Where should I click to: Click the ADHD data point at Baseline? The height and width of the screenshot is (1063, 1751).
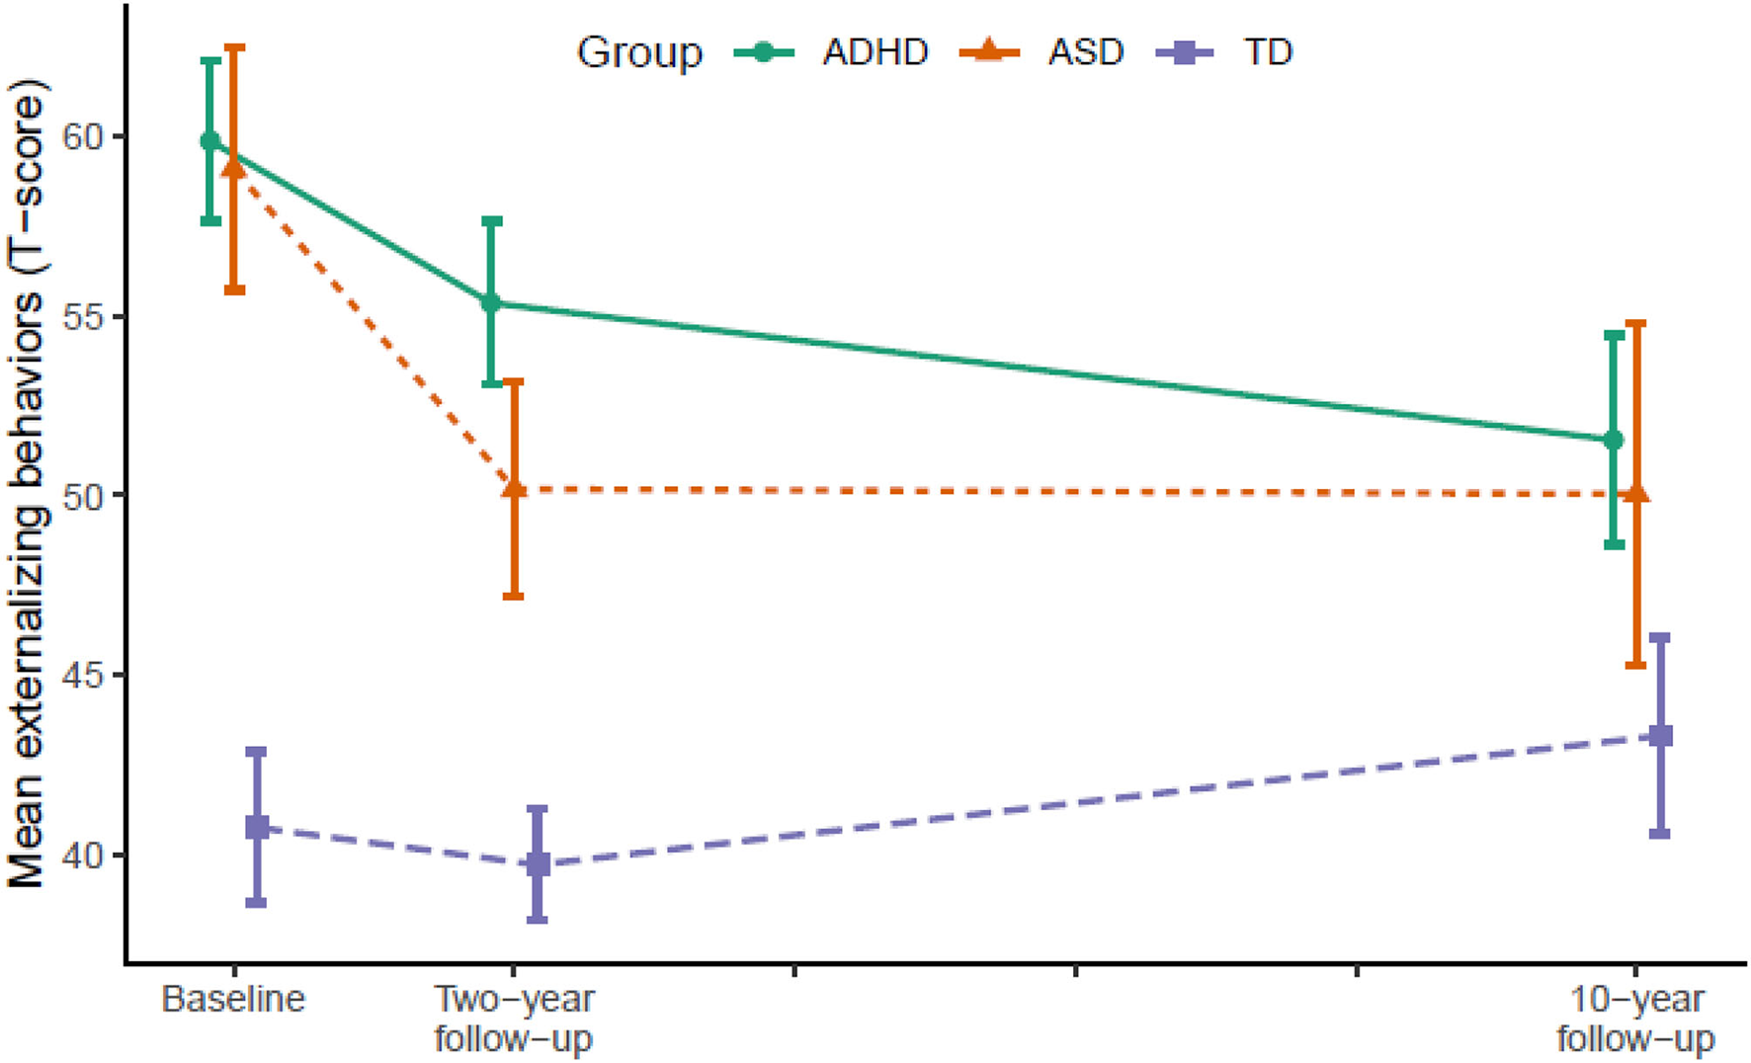point(209,141)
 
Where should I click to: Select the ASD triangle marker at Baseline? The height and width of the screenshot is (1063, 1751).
point(233,168)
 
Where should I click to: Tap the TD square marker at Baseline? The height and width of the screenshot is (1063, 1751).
point(257,827)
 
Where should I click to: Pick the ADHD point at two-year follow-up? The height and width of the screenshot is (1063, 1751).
point(491,302)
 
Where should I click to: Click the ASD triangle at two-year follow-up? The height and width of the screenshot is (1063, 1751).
point(514,488)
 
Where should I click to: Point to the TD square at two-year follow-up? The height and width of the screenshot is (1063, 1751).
point(538,864)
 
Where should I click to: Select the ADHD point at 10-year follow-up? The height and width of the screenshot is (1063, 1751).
point(1613,440)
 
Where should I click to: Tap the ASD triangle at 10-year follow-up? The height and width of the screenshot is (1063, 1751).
point(1636,493)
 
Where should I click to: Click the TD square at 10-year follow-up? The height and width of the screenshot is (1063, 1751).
point(1660,736)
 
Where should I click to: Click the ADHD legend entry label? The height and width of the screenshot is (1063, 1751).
point(875,51)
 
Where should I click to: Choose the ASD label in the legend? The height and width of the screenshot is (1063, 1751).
point(1085,51)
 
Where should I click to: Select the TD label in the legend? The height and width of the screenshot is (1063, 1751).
point(1267,51)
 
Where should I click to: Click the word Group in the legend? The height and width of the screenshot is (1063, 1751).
point(639,51)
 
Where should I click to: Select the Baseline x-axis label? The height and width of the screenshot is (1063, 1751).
point(233,999)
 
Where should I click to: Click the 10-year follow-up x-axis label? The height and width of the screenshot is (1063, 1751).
point(1636,1019)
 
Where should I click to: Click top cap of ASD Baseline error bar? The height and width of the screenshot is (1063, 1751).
point(234,46)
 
